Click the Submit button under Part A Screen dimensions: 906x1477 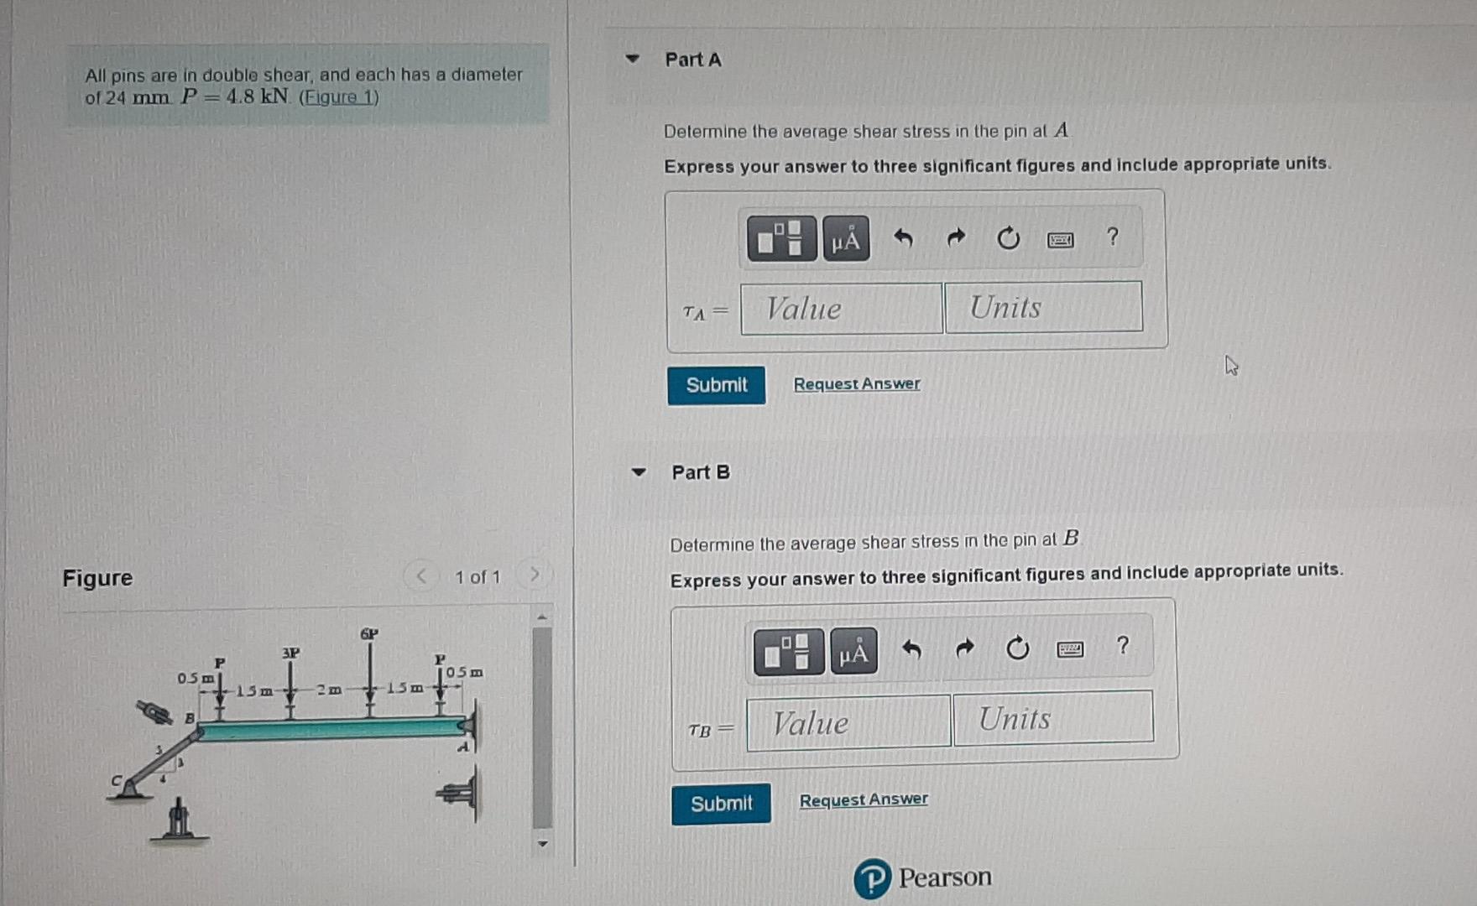point(716,385)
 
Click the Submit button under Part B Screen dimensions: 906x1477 point(721,804)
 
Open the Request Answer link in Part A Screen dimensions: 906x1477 point(857,383)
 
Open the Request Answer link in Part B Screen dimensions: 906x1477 point(864,799)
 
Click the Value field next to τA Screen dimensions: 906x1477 point(841,309)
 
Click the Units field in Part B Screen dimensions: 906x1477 point(1053,718)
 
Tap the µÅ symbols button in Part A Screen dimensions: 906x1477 point(845,240)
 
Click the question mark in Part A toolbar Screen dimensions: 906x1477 point(1113,237)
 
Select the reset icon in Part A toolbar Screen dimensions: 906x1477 point(1008,239)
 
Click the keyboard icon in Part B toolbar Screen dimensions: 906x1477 point(1069,648)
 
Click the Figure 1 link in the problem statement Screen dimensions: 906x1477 point(339,97)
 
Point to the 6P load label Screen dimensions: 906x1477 point(369,633)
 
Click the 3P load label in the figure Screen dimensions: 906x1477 point(290,652)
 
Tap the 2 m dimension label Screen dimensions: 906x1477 point(329,690)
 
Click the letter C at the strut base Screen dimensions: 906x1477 point(117,780)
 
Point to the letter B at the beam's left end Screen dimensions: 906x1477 point(190,718)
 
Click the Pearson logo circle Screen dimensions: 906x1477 point(872,878)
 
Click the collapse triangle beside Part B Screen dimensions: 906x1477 point(639,472)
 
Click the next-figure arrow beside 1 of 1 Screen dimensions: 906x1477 point(535,575)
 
